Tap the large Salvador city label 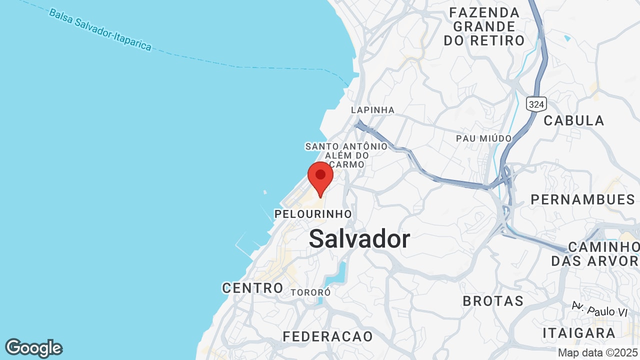point(359,239)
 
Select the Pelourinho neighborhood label point(313,214)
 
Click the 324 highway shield point(536,104)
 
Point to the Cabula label point(574,120)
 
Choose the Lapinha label point(372,110)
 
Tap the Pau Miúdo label point(483,138)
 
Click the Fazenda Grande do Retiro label point(484,26)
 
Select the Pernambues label point(582,199)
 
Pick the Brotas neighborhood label point(493,301)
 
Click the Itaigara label point(579,333)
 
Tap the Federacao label point(328,336)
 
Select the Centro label point(252,288)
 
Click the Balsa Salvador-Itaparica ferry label point(100,29)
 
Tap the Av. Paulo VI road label point(599,309)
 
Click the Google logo point(33,348)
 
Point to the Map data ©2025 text point(597,352)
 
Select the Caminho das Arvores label point(595,253)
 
